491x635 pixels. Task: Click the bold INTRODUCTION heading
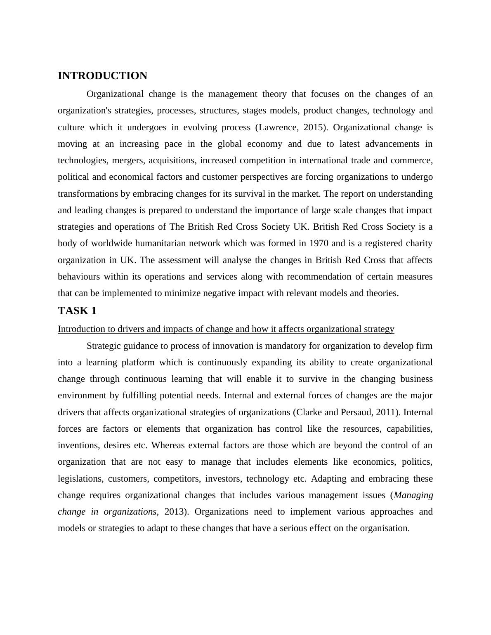102,76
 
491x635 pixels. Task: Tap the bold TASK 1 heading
77,311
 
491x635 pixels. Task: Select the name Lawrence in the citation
278,127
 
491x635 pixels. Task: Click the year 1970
319,243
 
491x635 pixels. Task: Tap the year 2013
175,512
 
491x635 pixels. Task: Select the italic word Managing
413,495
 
